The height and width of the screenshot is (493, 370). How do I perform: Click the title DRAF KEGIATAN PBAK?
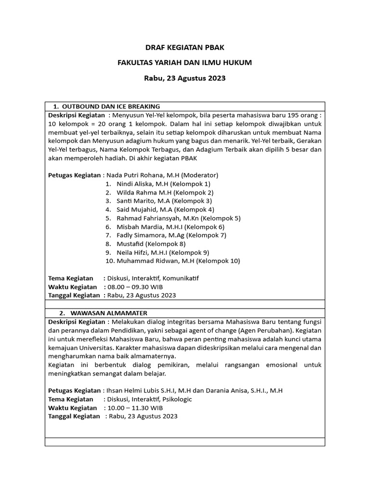(185, 48)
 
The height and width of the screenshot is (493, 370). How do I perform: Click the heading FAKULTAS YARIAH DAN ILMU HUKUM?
(185, 63)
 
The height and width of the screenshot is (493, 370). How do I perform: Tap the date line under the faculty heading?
(185, 78)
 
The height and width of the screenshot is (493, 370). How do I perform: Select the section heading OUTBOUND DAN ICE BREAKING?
(111, 106)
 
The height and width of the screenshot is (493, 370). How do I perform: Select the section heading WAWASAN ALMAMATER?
(109, 313)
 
